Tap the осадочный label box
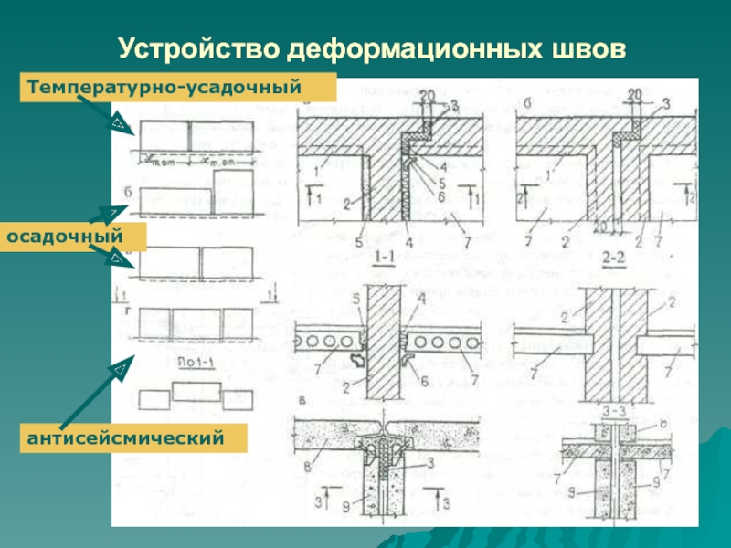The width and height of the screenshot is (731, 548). pos(65,237)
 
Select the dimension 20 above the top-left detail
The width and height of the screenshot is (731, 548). pos(427,94)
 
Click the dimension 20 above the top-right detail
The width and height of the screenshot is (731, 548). pos(638,94)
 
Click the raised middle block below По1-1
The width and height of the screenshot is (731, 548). pos(196,391)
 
